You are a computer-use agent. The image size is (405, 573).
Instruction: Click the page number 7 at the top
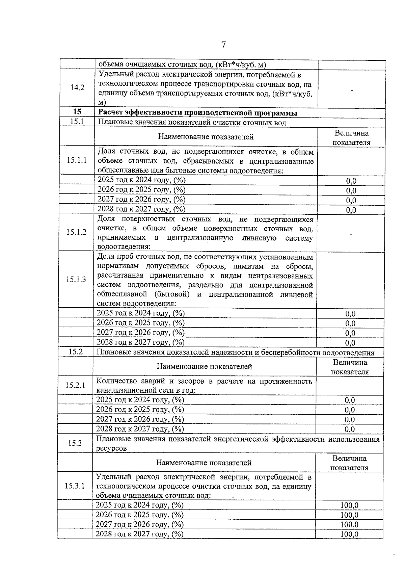click(223, 45)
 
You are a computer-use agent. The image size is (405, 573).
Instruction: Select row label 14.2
click(77, 88)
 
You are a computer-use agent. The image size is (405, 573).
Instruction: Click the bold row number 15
click(77, 112)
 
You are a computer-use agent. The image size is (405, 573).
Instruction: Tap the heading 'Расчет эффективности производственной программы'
click(198, 112)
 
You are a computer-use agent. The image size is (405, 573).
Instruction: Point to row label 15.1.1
click(77, 160)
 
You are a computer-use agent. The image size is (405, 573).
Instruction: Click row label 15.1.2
click(76, 232)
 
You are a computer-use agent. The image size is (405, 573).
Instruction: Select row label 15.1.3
click(76, 279)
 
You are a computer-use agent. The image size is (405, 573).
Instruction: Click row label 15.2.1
click(75, 385)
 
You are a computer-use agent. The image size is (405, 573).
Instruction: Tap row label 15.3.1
click(75, 486)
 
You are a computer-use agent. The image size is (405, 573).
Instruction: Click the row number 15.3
click(75, 443)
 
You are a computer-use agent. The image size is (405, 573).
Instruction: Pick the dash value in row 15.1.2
click(351, 234)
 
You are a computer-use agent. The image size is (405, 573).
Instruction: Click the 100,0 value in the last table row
click(349, 534)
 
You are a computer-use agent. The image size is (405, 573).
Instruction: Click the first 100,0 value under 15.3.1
click(349, 505)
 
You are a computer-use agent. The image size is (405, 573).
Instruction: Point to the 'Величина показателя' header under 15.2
click(350, 367)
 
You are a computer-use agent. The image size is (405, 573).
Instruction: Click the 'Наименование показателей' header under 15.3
click(204, 463)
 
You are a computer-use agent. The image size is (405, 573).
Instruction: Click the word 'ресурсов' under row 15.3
click(111, 448)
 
